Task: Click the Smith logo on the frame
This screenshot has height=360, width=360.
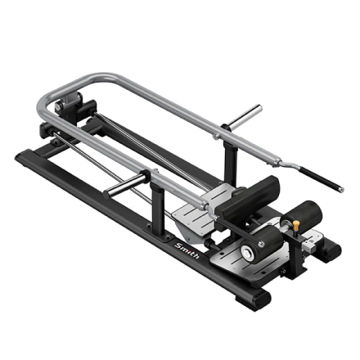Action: tap(187, 250)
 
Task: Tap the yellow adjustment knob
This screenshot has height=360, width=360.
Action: tap(296, 225)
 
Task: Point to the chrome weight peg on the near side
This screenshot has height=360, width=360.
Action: tap(125, 186)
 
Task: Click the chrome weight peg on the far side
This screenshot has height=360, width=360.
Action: tap(245, 116)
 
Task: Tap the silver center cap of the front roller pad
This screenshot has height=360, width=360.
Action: tap(247, 252)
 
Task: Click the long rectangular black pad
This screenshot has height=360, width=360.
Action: tap(247, 197)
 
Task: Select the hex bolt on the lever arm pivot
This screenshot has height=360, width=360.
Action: tap(58, 106)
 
